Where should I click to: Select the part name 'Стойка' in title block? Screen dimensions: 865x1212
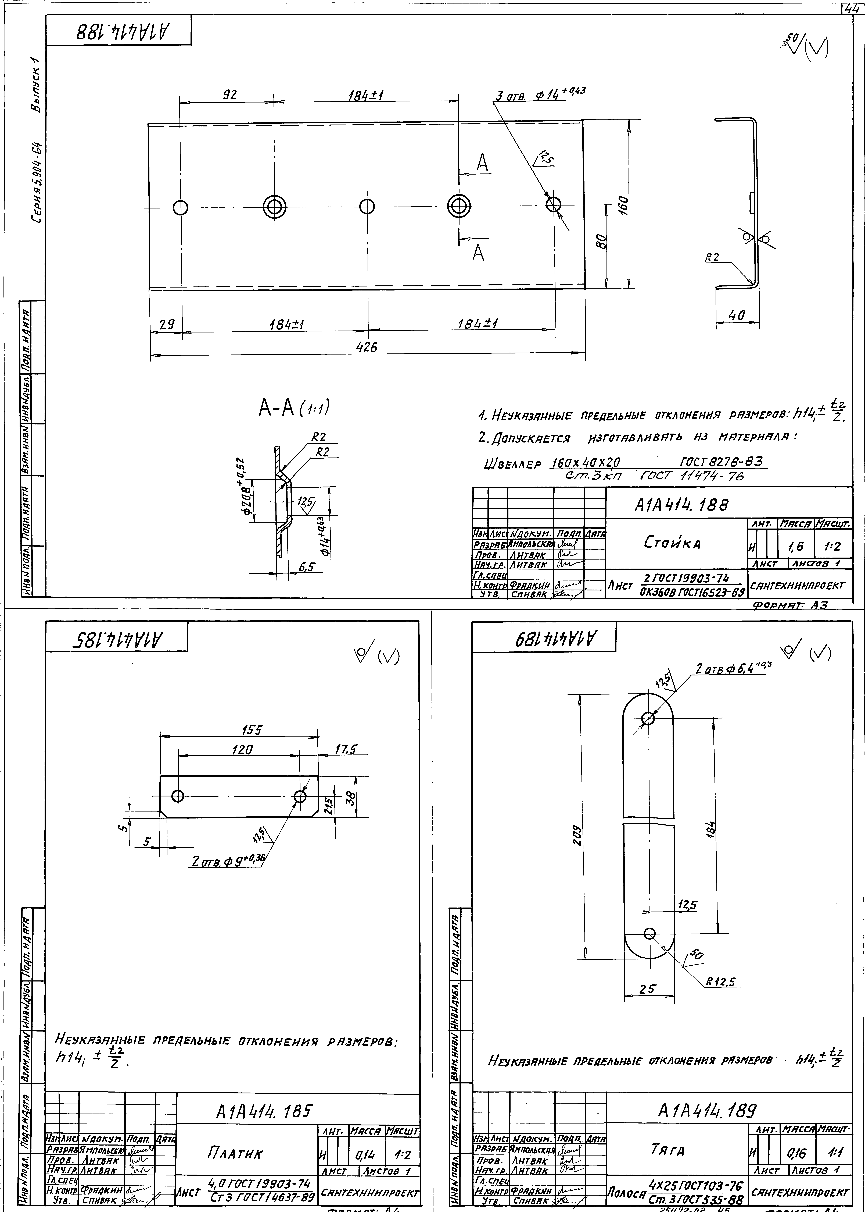pyautogui.click(x=673, y=543)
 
